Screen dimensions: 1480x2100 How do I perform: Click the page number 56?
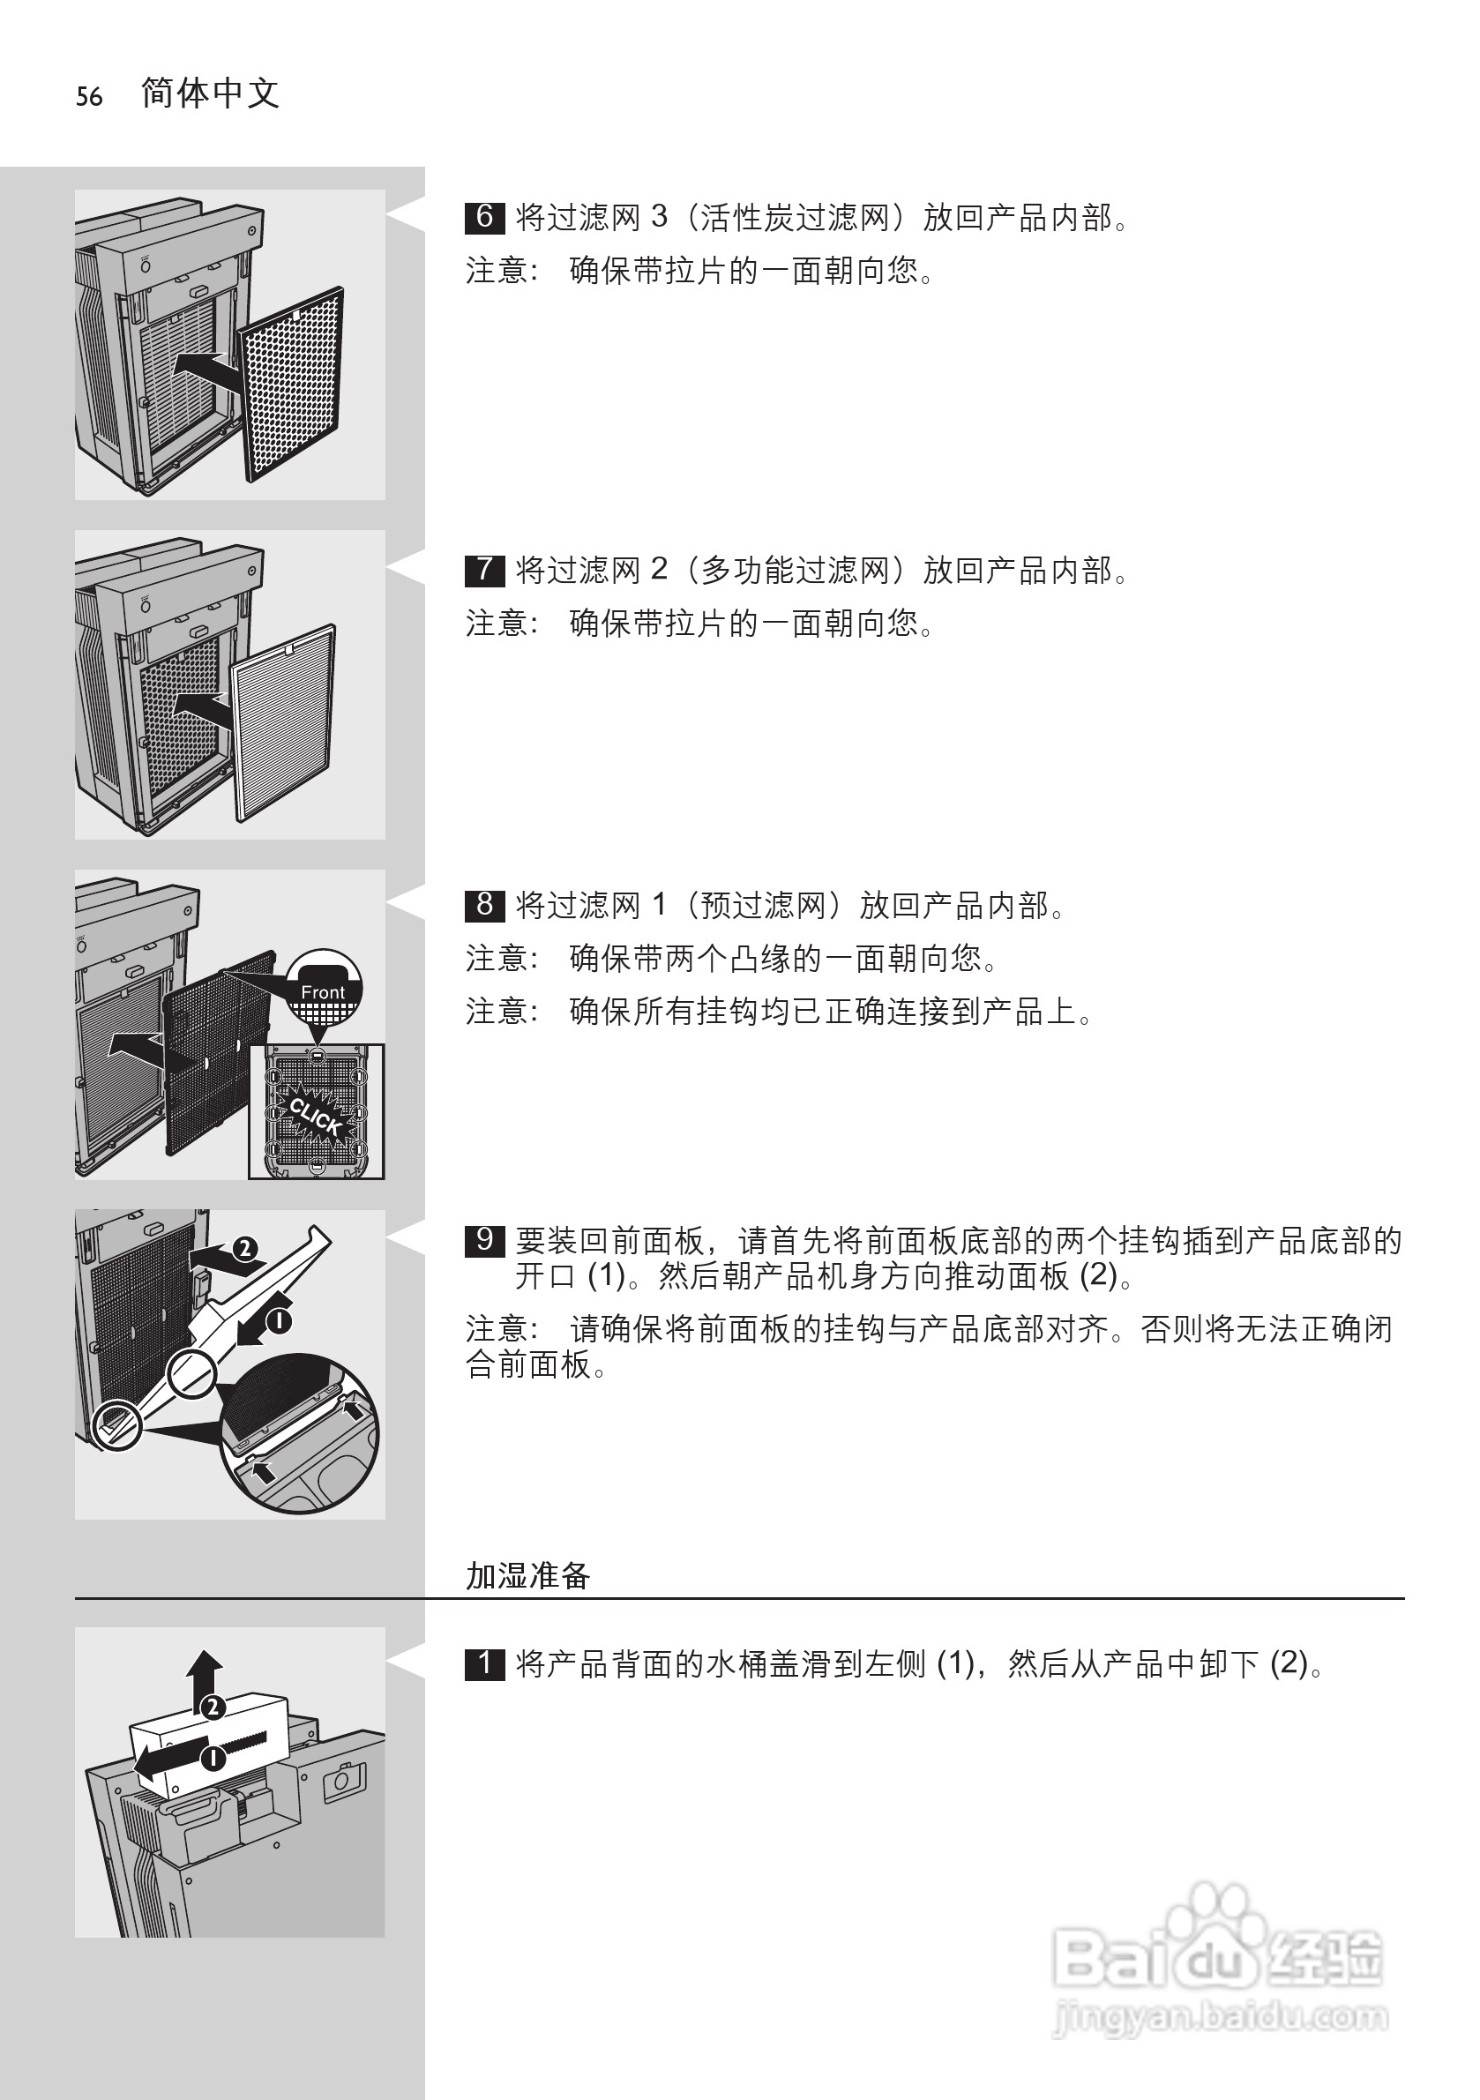tap(89, 97)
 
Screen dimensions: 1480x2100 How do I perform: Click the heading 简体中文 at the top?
tap(211, 93)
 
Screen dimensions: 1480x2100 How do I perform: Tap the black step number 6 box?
tap(485, 217)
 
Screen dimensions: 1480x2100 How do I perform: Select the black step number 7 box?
tap(485, 570)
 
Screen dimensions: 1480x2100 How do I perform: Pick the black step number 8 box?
tap(485, 905)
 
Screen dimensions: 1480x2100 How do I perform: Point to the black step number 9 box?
tap(485, 1240)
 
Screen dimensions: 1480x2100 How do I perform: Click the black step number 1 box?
tap(485, 1663)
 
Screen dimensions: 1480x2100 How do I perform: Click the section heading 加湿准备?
tap(527, 1575)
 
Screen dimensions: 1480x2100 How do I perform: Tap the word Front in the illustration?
tap(323, 992)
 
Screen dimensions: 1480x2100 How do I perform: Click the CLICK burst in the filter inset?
tap(316, 1116)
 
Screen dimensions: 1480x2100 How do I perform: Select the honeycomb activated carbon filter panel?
tap(291, 385)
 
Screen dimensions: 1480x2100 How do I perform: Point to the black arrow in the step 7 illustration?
tap(202, 709)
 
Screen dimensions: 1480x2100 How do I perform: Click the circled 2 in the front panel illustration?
tap(244, 1250)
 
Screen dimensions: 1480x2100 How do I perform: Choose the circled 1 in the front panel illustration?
tap(278, 1320)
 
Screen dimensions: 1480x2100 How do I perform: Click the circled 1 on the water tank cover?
tap(213, 1758)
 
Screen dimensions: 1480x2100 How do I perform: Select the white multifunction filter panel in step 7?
tap(283, 722)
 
